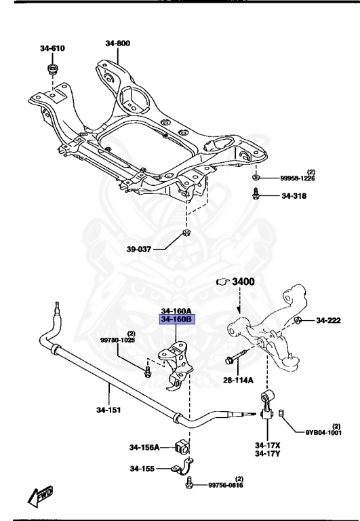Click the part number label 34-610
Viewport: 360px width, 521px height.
click(x=52, y=48)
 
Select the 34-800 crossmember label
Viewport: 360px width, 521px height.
click(x=117, y=43)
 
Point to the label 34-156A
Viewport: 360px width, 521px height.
click(x=144, y=447)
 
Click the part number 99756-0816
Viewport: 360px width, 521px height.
click(x=225, y=485)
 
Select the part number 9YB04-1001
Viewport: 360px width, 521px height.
click(x=323, y=432)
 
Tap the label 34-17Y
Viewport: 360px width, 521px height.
click(x=268, y=453)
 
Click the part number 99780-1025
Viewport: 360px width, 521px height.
click(x=117, y=339)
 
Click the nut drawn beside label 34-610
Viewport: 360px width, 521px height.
click(x=52, y=71)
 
